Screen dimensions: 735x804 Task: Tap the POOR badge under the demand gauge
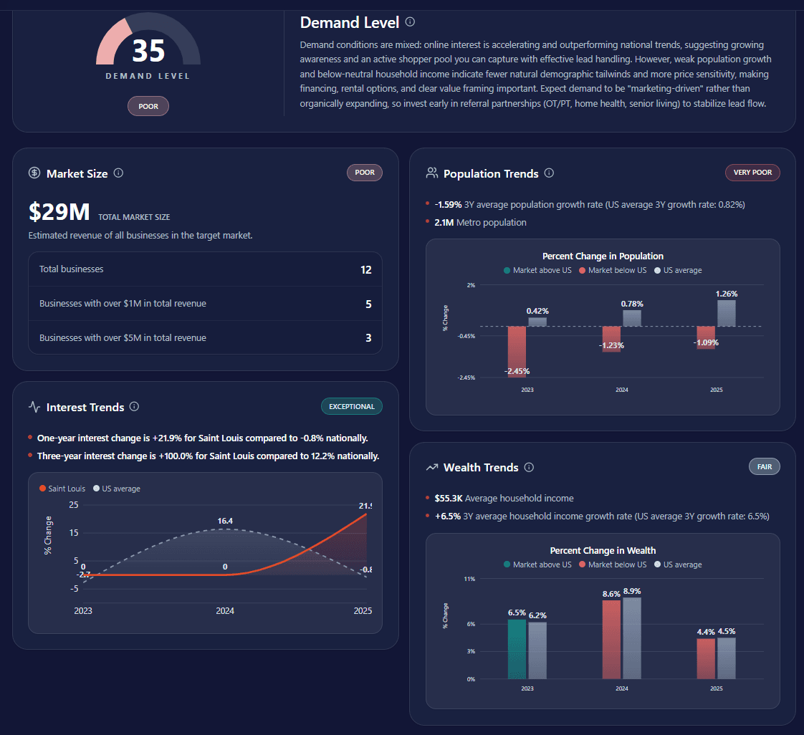tap(148, 107)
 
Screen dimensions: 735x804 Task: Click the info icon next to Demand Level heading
tap(410, 22)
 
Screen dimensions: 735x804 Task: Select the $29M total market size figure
tap(59, 213)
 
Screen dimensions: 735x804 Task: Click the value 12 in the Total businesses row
tap(366, 270)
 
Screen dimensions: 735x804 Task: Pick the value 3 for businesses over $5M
tap(368, 338)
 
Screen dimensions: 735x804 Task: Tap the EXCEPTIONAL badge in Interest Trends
tap(351, 407)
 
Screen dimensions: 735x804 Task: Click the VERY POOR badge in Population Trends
tap(752, 173)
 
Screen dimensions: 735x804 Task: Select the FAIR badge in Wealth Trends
tap(764, 467)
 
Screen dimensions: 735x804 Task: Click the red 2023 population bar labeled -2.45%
tap(517, 350)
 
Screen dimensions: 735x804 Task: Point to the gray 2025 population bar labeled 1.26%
tap(726, 313)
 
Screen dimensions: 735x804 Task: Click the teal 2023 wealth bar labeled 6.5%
tap(517, 648)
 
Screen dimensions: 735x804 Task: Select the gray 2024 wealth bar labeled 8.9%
tap(631, 638)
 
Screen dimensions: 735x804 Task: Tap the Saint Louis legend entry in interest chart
tap(62, 489)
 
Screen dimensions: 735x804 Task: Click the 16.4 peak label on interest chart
tap(225, 521)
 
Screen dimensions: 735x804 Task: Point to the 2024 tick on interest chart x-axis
tap(225, 611)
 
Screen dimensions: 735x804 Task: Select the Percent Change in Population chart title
tap(603, 256)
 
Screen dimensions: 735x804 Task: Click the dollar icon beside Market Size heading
tap(34, 173)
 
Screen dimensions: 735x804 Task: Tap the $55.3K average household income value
tap(448, 499)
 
